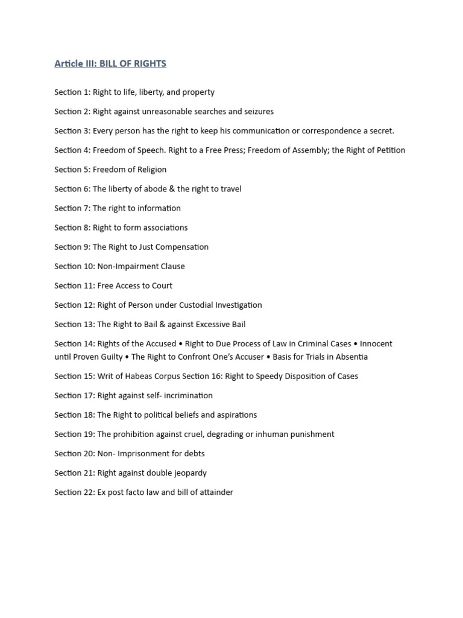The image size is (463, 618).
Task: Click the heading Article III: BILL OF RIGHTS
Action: point(110,63)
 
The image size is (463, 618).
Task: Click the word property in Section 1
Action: point(198,92)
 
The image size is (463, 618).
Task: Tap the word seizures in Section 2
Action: point(257,112)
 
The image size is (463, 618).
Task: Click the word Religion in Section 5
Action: point(150,170)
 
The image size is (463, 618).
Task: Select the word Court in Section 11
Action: point(161,285)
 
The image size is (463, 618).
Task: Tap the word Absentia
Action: point(350,357)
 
